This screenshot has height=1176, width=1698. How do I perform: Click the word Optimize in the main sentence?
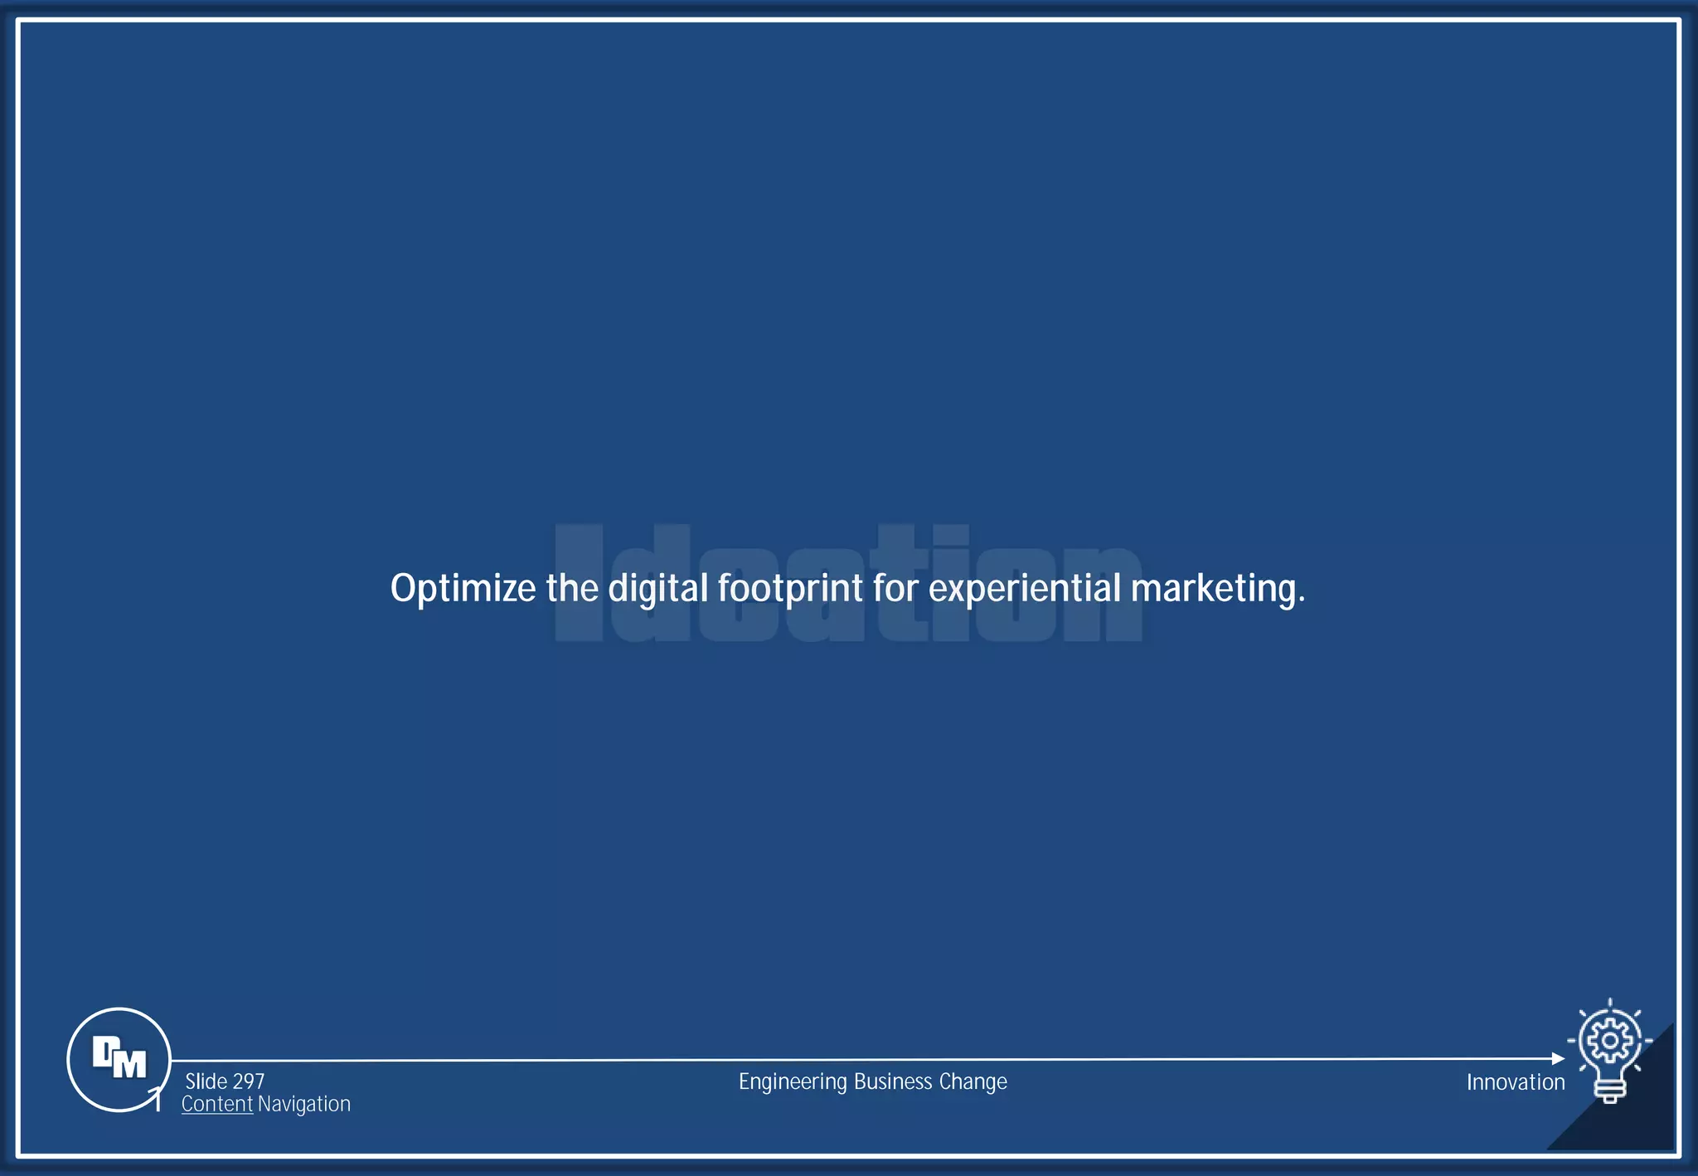[463, 589]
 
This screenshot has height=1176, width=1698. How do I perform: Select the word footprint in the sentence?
[790, 589]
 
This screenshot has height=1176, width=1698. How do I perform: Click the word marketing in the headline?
[1216, 589]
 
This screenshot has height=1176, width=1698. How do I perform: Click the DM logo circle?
[119, 1059]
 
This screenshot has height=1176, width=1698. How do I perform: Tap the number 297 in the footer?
[249, 1081]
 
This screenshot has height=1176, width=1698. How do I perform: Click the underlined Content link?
[217, 1104]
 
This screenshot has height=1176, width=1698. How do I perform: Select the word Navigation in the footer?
[304, 1104]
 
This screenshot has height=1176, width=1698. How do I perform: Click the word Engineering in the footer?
[793, 1082]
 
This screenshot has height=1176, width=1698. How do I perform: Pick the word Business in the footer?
[893, 1081]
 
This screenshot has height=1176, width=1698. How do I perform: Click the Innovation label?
[1515, 1082]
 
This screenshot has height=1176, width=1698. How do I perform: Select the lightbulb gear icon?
[1609, 1050]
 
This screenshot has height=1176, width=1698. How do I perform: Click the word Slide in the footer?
[206, 1081]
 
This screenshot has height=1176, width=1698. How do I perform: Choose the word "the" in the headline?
[572, 589]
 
